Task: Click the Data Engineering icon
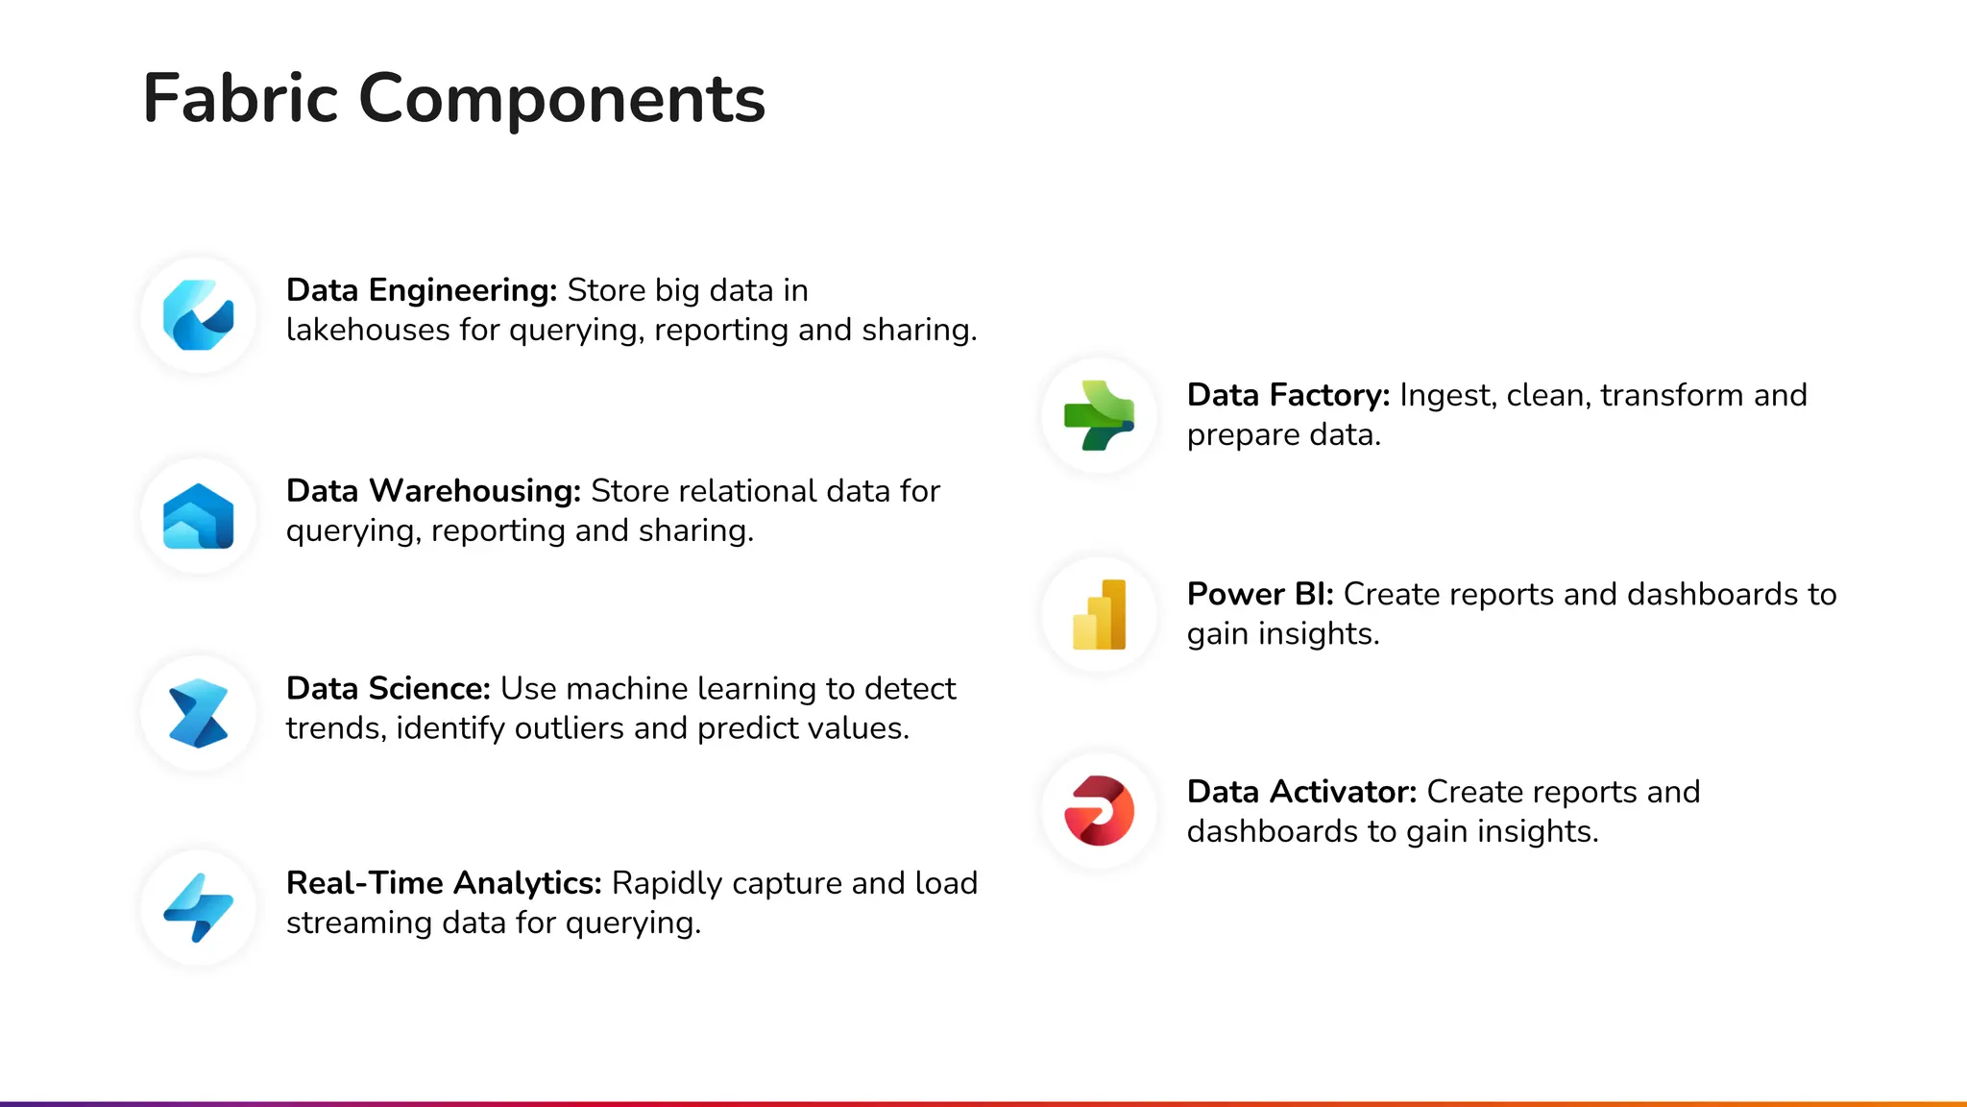click(x=199, y=315)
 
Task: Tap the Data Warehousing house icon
click(x=199, y=516)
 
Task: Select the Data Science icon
click(x=199, y=714)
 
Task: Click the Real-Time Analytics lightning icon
click(x=199, y=908)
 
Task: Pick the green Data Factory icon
click(x=1100, y=416)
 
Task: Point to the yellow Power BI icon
click(x=1100, y=615)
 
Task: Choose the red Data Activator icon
click(x=1100, y=811)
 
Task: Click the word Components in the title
click(x=562, y=99)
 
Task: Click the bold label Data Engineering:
click(x=422, y=290)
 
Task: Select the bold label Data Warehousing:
click(x=433, y=491)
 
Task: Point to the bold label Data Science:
click(x=388, y=689)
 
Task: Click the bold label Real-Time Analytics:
click(x=444, y=883)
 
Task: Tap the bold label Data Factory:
click(x=1288, y=395)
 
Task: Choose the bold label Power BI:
click(x=1260, y=594)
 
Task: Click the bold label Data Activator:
click(x=1301, y=792)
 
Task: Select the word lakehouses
click(x=368, y=330)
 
